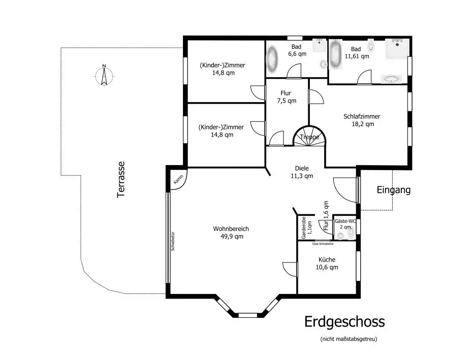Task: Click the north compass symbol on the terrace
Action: [104, 75]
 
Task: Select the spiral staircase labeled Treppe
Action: [309, 137]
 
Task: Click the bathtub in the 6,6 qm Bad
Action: [273, 59]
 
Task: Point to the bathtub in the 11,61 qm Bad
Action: [335, 54]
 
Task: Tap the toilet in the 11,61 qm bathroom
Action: [371, 47]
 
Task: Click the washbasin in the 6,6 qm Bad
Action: [320, 46]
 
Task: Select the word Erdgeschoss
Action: [344, 321]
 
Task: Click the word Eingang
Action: [393, 190]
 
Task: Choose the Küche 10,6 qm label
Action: [327, 263]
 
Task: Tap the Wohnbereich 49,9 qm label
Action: [231, 233]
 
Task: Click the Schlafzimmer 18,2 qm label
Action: [362, 120]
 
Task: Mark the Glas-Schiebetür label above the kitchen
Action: [323, 244]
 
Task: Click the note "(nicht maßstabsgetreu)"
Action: [348, 339]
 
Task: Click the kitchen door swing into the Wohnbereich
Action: [290, 269]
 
